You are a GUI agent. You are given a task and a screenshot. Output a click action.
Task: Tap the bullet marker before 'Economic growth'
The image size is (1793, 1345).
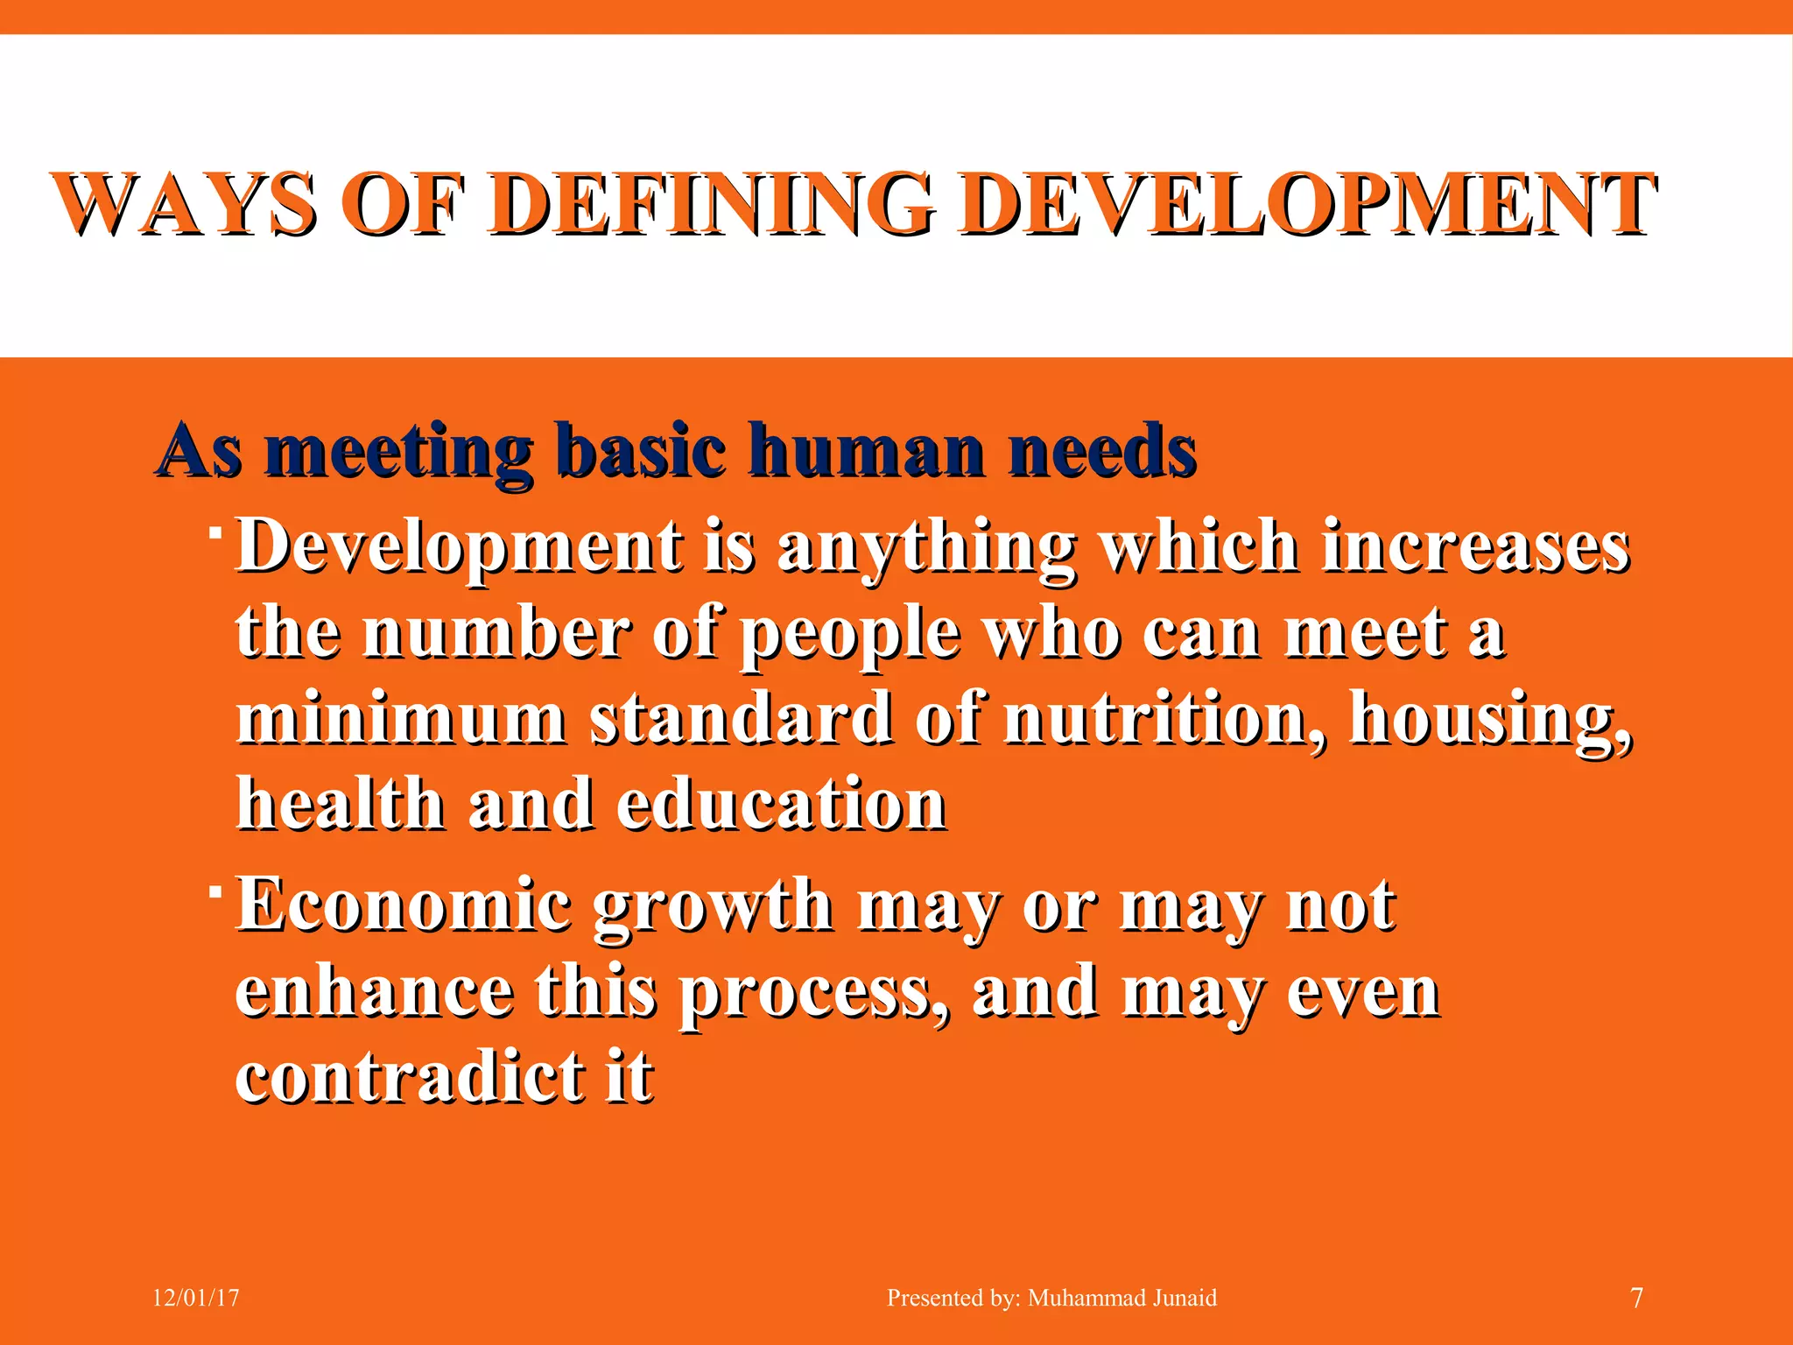[x=214, y=891]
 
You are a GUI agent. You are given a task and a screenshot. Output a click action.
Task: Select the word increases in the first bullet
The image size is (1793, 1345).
[x=1474, y=546]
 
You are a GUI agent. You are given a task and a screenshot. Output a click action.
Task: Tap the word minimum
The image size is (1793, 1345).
[x=401, y=719]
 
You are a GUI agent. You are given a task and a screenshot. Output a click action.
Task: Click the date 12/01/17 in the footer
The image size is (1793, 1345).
[x=196, y=1298]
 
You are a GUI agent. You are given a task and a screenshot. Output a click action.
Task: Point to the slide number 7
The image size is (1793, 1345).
[x=1636, y=1298]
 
